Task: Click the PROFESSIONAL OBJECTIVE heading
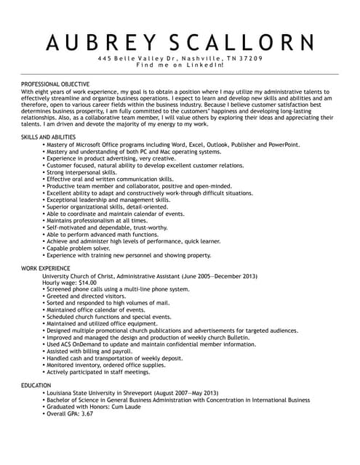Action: coord(55,84)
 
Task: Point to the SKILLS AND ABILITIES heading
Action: coord(48,137)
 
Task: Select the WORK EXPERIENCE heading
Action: coord(45,269)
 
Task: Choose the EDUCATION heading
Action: coord(36,385)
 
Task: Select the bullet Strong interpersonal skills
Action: coord(86,172)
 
